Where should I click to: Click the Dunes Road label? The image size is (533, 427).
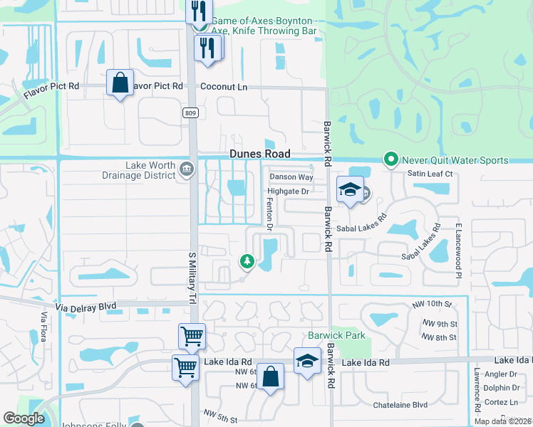[259, 154]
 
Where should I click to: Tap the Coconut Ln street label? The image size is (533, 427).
[224, 87]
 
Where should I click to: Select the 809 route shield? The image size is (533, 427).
[190, 113]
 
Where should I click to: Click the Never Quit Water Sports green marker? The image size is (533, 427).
[390, 159]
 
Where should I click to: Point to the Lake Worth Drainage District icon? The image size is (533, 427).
[187, 169]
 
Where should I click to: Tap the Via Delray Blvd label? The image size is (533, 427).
[88, 305]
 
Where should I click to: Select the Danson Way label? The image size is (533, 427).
[291, 176]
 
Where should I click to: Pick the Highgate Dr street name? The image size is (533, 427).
[288, 191]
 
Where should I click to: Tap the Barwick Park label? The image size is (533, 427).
[336, 334]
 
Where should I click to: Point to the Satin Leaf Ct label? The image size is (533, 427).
[429, 173]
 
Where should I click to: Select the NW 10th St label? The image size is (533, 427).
[432, 305]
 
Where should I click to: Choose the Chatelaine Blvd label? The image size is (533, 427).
[400, 405]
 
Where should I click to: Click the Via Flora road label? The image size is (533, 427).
[43, 327]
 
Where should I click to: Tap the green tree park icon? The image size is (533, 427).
[247, 262]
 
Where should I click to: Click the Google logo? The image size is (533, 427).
[24, 418]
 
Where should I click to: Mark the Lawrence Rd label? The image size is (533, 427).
[476, 389]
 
